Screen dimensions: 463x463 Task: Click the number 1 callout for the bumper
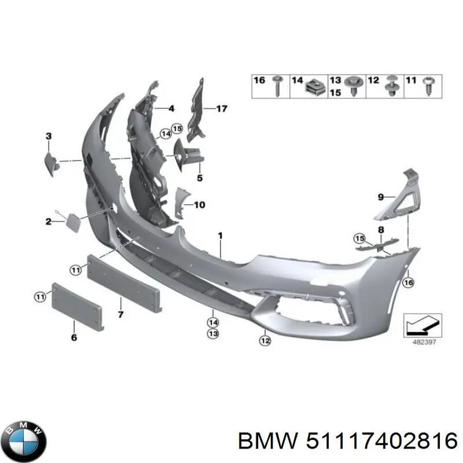pos(220,236)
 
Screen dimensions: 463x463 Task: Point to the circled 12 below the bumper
pos(265,341)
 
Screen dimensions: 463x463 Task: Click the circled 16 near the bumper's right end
pos(408,282)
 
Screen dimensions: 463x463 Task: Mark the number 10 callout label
pos(199,205)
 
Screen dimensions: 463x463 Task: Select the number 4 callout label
pos(171,108)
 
